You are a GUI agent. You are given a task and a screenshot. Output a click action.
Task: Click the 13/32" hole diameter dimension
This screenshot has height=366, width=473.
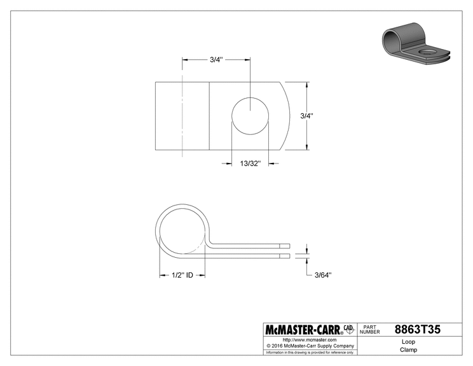[250, 164]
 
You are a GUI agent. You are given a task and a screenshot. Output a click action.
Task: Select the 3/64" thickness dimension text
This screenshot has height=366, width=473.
[323, 275]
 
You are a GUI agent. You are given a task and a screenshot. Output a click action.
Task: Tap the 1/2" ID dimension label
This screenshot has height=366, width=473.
[182, 275]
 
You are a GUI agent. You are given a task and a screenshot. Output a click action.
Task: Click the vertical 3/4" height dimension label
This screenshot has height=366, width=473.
[307, 116]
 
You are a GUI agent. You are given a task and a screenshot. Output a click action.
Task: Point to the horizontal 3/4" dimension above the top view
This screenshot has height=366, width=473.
[216, 60]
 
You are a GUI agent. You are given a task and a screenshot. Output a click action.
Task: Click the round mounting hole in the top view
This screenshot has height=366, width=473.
[250, 116]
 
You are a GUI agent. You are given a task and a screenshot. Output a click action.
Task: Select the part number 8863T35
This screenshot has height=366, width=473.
[418, 330]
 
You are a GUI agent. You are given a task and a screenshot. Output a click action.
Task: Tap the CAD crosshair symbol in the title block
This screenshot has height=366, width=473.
[349, 330]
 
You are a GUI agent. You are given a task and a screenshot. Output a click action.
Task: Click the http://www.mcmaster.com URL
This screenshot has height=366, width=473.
[310, 340]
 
